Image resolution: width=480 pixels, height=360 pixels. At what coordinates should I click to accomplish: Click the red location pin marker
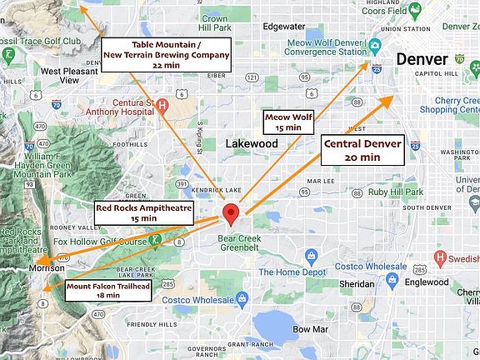pyautogui.click(x=231, y=212)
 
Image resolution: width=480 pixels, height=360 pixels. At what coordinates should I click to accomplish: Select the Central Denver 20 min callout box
pyautogui.click(x=362, y=149)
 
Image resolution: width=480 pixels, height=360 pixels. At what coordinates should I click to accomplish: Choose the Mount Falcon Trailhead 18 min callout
pyautogui.click(x=108, y=290)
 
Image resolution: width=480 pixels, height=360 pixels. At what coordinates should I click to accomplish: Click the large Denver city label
pyautogui.click(x=422, y=59)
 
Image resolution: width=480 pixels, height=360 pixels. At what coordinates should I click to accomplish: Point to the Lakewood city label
pyautogui.click(x=252, y=143)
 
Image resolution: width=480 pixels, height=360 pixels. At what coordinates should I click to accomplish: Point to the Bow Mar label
pyautogui.click(x=304, y=329)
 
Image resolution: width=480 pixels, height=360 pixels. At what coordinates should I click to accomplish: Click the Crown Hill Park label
pyautogui.click(x=214, y=22)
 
